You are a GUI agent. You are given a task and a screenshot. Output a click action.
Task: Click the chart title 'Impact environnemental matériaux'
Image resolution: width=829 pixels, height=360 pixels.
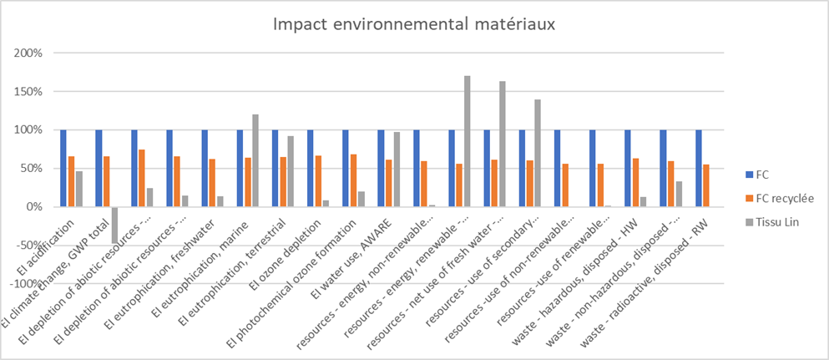pos(414,25)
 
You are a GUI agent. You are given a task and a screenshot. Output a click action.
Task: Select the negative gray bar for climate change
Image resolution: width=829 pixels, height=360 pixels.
pos(115,225)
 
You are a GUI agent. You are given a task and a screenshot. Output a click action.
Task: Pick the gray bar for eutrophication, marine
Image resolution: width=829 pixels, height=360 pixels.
pos(255,160)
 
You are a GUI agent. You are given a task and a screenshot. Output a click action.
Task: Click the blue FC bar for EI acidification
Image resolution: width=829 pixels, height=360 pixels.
pos(63,168)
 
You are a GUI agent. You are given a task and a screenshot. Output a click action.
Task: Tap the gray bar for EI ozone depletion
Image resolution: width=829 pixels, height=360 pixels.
pos(326,203)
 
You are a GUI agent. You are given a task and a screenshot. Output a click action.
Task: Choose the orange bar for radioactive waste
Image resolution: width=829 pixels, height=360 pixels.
pos(706,185)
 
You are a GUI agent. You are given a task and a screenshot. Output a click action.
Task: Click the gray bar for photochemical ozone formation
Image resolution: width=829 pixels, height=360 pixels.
pos(361,199)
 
